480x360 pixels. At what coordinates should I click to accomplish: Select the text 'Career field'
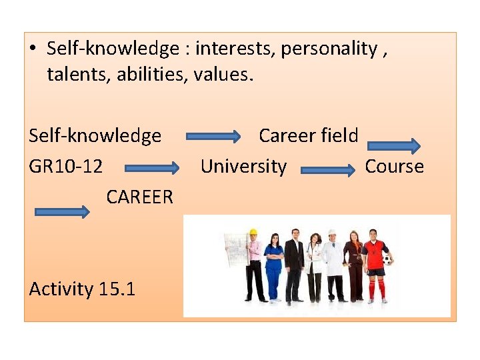point(308,136)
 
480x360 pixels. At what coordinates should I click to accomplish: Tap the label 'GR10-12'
point(66,167)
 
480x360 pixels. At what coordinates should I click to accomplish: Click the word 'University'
point(243,167)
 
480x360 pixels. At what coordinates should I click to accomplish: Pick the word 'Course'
point(394,167)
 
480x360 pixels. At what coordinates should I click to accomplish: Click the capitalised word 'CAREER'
point(139,197)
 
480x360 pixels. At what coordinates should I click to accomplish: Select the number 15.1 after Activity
point(117,289)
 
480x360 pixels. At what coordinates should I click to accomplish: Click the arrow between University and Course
point(328,171)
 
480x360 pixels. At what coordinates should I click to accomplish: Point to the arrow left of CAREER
point(61,212)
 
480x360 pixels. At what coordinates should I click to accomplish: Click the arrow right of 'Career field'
point(394,146)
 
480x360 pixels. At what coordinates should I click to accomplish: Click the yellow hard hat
point(253,233)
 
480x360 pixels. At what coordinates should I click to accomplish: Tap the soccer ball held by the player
point(387,259)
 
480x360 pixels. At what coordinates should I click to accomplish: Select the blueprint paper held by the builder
point(235,250)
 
